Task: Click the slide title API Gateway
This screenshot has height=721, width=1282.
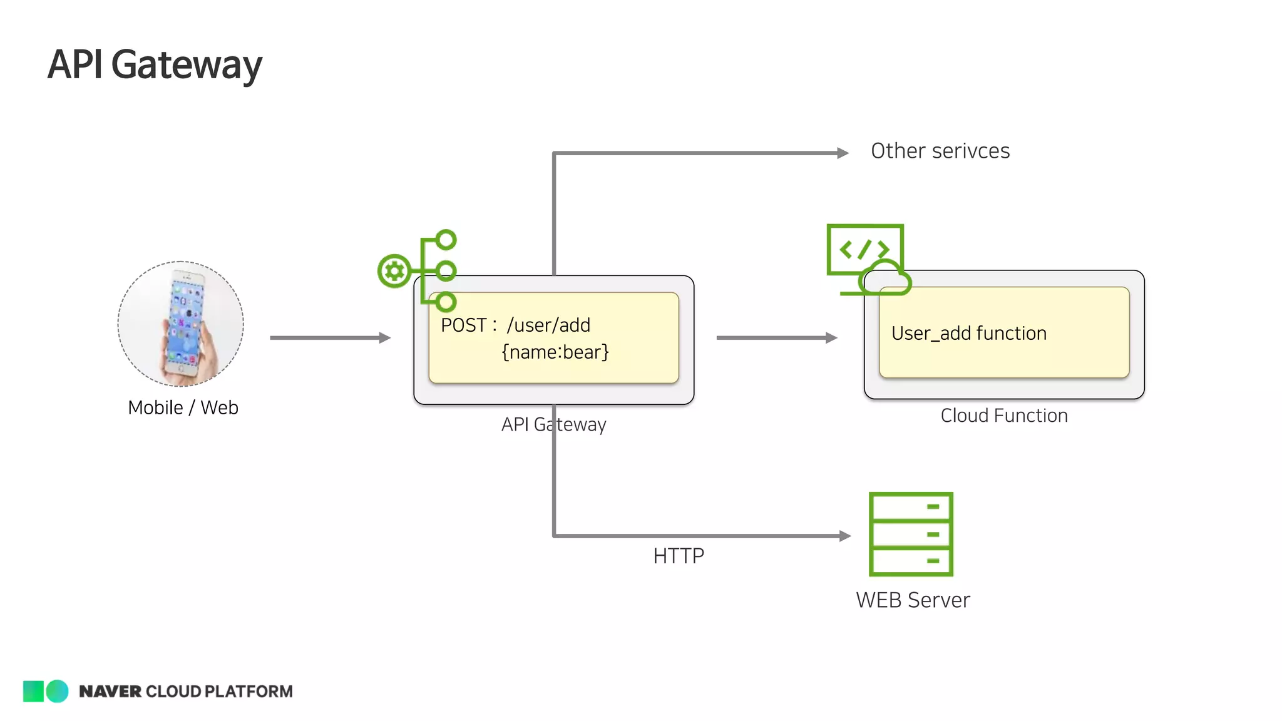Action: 155,64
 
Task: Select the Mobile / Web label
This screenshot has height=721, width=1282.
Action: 183,407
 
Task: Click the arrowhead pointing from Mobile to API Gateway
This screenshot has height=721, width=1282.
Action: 385,338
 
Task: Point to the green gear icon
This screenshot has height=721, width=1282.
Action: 394,271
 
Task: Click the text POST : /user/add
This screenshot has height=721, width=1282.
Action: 515,325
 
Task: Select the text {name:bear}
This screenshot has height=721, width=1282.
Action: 555,352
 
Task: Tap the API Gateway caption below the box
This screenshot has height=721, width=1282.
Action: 553,424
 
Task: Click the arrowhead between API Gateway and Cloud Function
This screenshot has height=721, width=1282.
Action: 831,338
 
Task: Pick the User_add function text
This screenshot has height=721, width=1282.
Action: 968,334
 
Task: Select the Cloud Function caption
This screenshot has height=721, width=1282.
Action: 1004,416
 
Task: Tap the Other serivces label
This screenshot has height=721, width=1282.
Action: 940,151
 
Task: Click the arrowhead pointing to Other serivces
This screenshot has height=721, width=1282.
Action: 843,153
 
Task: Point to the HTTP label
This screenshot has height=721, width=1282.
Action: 679,556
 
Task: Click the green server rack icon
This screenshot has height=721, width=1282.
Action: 911,534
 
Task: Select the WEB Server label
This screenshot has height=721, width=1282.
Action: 913,600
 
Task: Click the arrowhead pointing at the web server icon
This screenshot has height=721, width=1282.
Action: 845,536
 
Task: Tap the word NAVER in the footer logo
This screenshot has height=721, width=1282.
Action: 110,692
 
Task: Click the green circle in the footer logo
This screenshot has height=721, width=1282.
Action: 58,691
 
